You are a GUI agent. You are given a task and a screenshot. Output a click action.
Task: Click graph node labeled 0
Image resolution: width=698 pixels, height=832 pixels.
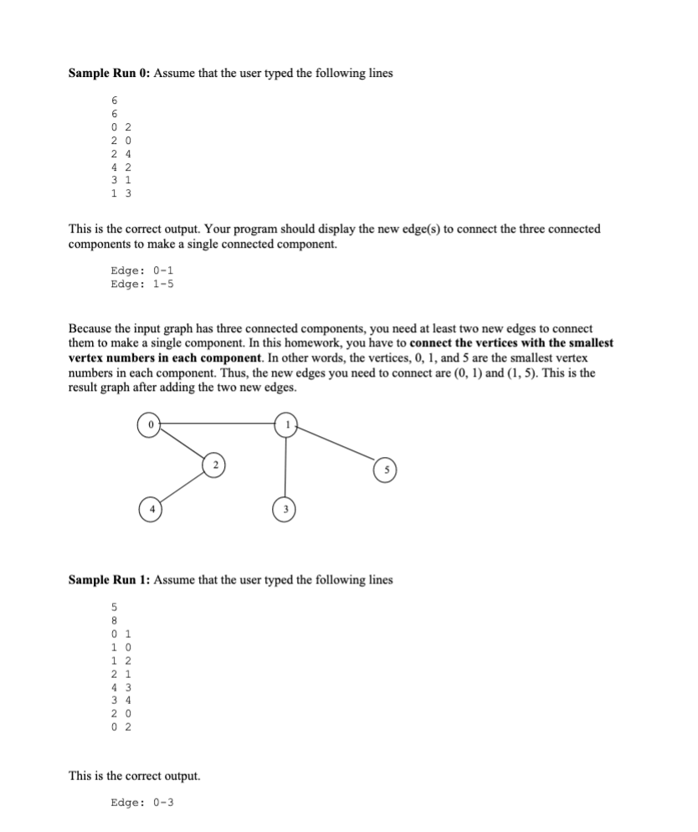pos(150,424)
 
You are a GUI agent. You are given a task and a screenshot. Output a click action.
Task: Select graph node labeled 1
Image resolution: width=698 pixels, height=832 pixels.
pos(286,424)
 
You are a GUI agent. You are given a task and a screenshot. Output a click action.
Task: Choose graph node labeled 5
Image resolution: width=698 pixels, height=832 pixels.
pos(387,469)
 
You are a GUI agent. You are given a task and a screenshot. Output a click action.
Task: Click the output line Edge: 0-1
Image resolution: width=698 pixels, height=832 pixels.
pos(142,270)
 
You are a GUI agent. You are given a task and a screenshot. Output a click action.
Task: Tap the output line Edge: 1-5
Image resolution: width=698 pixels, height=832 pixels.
pos(142,283)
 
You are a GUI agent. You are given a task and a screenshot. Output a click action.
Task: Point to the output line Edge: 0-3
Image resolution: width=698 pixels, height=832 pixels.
pos(142,803)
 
